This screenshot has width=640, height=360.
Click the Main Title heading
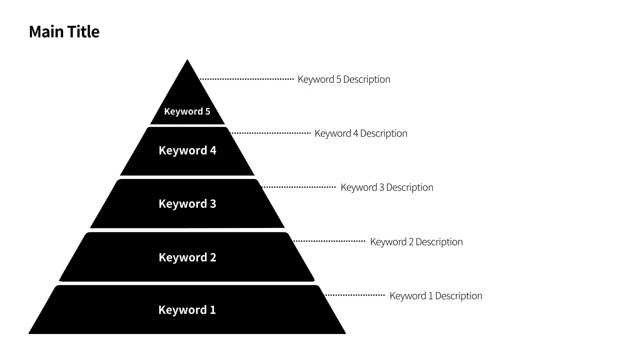coord(64,31)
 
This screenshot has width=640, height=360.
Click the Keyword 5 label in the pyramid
coord(187,111)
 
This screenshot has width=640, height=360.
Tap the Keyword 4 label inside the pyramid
coord(187,150)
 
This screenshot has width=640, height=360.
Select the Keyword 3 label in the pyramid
coord(187,204)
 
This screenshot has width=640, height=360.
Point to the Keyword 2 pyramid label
coord(187,257)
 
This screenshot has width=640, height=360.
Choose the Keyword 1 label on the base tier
coord(187,310)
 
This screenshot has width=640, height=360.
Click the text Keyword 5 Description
coord(343,79)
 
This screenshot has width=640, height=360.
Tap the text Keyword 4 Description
coord(360,133)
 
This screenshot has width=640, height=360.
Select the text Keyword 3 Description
coord(386,187)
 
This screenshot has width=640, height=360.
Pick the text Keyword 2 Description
coord(416,242)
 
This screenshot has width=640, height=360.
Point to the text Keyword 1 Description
coord(435,296)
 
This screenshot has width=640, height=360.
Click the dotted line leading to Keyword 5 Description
coord(246,79)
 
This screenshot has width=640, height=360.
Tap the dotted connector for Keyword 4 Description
coord(270,133)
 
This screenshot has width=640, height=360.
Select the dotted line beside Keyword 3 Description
coord(298,187)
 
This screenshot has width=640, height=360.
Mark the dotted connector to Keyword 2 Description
coord(329,241)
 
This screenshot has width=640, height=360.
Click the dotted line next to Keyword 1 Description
coord(355,295)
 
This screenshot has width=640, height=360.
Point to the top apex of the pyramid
coord(187,60)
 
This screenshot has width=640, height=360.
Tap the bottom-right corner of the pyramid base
coord(344,333)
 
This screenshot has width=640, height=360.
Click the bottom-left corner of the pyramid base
coord(30,333)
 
